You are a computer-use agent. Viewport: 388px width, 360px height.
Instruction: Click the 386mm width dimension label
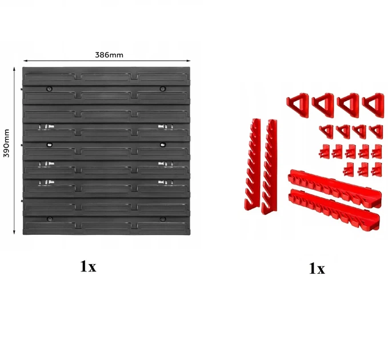(x=109, y=55)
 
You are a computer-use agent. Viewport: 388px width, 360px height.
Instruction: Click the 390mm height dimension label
(x=6, y=143)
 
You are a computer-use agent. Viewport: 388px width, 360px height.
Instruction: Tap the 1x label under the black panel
(x=88, y=267)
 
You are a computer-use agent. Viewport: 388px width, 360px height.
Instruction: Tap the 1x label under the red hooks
(x=317, y=269)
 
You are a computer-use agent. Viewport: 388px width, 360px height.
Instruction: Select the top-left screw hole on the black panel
(x=50, y=89)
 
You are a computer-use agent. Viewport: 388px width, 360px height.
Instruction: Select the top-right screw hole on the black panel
(x=163, y=89)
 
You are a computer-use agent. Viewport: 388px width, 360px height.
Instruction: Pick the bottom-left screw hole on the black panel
(x=50, y=219)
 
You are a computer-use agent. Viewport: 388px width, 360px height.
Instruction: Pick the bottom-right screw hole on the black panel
(x=163, y=219)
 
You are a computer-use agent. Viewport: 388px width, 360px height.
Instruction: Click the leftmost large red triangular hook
(x=298, y=105)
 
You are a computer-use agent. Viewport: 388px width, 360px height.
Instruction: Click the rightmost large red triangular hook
(x=373, y=105)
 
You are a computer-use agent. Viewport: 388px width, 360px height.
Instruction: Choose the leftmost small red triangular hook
(x=326, y=131)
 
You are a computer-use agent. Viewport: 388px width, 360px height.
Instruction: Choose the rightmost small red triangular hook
(x=376, y=131)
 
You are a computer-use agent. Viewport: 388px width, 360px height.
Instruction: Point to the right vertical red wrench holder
(x=270, y=167)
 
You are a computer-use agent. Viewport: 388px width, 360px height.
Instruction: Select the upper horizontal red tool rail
(x=334, y=187)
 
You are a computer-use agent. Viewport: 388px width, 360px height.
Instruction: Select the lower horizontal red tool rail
(x=334, y=209)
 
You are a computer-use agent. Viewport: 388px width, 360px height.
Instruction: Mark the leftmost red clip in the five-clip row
(x=325, y=151)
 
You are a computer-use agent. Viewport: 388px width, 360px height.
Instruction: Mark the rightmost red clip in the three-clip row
(x=377, y=170)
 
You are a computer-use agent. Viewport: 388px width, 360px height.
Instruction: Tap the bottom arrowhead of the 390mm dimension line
(x=14, y=232)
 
